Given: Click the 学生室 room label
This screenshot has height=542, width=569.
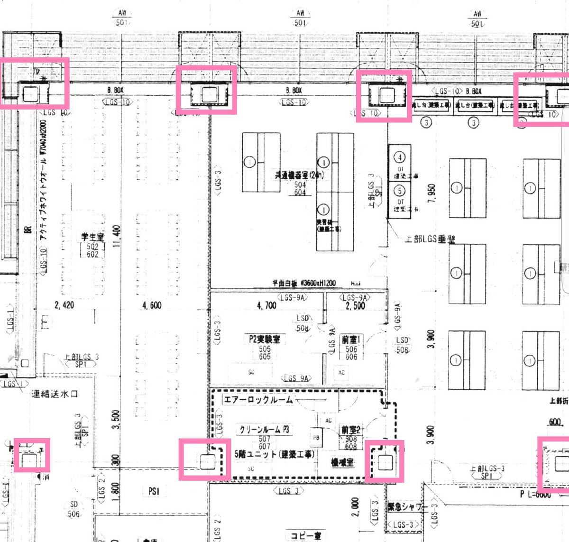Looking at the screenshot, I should click(x=92, y=237).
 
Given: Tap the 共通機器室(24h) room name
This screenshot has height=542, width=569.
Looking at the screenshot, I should click(x=300, y=175).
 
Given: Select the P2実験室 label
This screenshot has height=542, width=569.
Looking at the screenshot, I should click(x=264, y=339).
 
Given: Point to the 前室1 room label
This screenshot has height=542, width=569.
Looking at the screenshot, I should click(x=351, y=340).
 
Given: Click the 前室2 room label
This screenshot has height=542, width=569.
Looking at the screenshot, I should click(x=351, y=430).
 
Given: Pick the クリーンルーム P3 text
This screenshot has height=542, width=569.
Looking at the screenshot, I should click(x=264, y=430).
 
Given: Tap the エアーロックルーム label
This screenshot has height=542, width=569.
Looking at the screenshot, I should click(x=258, y=400).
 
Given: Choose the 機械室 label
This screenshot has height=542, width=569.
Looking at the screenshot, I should click(x=342, y=462).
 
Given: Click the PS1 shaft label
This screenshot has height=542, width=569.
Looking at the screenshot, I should click(x=154, y=491).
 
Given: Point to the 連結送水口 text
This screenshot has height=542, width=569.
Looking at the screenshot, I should click(x=55, y=394).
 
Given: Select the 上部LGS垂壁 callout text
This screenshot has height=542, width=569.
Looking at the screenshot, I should click(x=430, y=239).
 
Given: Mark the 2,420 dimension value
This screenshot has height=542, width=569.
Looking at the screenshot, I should click(x=64, y=305).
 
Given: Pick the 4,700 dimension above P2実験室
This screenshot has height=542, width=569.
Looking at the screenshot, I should click(x=266, y=306).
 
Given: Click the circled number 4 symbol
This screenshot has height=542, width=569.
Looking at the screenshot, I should click(x=400, y=157).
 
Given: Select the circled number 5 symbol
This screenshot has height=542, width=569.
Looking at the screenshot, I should click(x=400, y=191).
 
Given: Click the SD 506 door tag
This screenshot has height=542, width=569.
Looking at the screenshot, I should click(x=74, y=509).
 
